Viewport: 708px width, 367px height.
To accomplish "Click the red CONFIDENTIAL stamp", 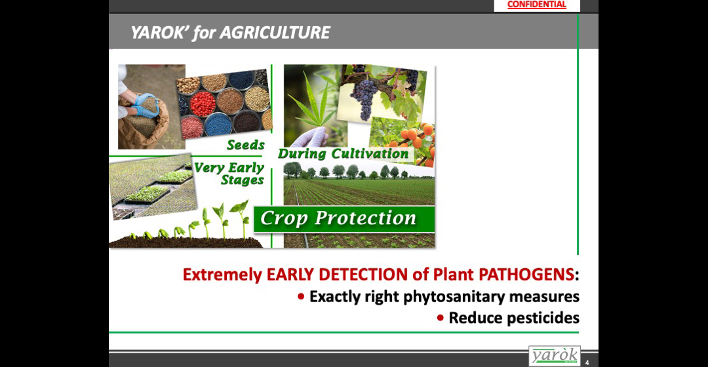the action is (536, 5).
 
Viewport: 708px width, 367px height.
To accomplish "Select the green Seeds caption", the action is (246, 145).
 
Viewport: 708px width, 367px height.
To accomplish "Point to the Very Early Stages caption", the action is (229, 174).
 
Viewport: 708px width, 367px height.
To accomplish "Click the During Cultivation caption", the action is (343, 153).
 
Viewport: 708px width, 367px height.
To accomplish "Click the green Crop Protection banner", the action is (344, 219).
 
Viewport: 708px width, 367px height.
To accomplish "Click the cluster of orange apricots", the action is (416, 140).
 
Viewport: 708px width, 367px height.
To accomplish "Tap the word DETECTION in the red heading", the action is (363, 275).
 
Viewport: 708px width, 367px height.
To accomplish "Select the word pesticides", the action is (543, 318).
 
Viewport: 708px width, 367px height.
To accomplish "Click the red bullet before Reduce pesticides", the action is (441, 319).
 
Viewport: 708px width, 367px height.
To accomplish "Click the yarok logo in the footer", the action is (555, 356).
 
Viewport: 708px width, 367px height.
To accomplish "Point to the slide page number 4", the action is (587, 362).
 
